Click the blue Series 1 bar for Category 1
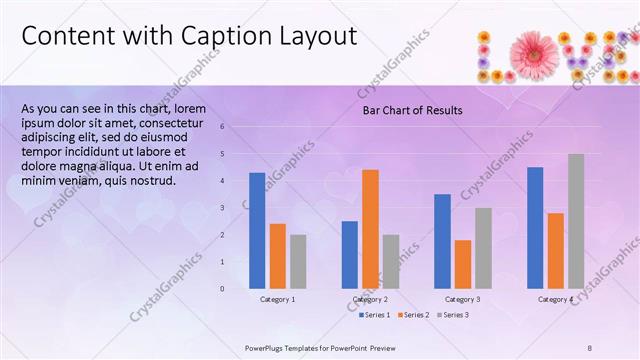(x=257, y=230)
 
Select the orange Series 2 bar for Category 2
(x=370, y=229)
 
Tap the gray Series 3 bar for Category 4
(x=576, y=221)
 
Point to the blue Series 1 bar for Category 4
(x=535, y=228)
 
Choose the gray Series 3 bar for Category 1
(x=298, y=261)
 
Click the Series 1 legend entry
(x=376, y=315)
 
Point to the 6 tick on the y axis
(x=236, y=127)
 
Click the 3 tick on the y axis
(x=236, y=208)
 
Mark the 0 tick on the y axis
(x=236, y=289)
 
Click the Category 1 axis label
(x=278, y=299)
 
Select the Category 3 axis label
(x=463, y=299)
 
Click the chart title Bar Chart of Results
(x=412, y=110)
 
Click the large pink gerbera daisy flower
(x=536, y=50)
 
